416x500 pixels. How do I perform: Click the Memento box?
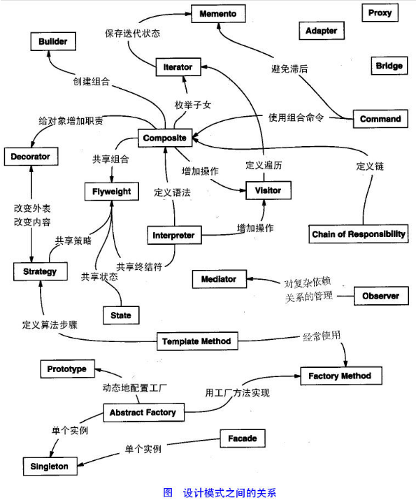pos(217,14)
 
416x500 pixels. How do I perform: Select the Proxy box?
pos(380,13)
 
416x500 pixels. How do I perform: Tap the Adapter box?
pos(322,31)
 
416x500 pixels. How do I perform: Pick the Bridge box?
pos(389,66)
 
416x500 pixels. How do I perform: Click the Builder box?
pos(53,42)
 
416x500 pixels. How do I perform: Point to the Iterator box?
pos(178,67)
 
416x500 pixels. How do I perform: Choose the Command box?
pos(380,119)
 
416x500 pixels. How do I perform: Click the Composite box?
pos(164,138)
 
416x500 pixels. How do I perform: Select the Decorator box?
pos(30,157)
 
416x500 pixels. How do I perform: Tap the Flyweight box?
pos(112,191)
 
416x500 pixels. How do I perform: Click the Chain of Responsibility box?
pos(359,234)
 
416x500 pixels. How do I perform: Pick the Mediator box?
pos(219,279)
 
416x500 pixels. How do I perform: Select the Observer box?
pos(380,296)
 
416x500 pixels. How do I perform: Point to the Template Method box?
pos(196,342)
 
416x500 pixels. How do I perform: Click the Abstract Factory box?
pos(143,413)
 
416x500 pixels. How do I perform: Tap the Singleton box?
pos(49,466)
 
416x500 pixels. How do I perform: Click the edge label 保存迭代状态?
pos(133,33)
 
